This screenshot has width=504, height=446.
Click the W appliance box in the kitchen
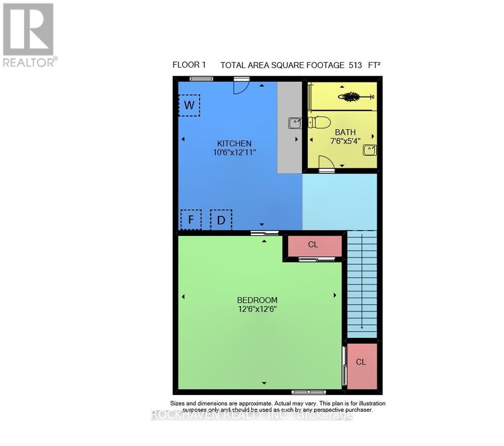189,105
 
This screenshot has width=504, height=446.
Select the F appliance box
191,220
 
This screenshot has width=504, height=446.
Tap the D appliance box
221,220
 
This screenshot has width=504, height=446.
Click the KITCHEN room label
234,143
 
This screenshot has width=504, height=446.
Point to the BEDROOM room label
258,300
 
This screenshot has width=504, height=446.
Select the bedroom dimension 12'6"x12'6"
258,309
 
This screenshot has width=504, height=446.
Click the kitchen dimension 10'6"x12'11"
234,152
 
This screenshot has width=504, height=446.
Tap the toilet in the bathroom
320,122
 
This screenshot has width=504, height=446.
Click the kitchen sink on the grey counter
295,123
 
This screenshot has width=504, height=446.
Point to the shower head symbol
358,96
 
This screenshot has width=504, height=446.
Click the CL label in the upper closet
313,245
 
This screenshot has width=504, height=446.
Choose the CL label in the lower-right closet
361,362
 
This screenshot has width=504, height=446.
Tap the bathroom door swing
326,163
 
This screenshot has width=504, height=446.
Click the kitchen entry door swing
241,86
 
